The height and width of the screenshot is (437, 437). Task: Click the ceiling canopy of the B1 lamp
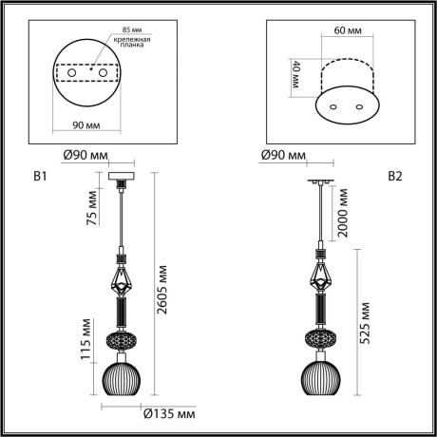coord(122,176)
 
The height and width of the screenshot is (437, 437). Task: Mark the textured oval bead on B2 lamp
coord(319,339)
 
